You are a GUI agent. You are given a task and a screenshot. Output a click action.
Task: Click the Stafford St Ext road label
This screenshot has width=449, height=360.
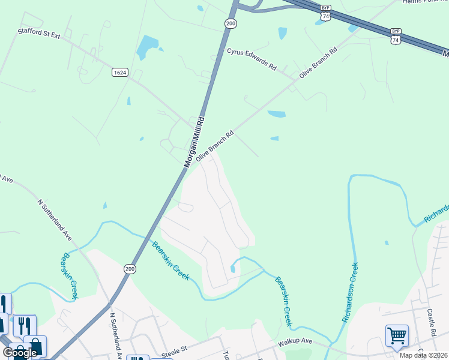(38, 35)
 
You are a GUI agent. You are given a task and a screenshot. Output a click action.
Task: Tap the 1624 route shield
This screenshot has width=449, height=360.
(119, 72)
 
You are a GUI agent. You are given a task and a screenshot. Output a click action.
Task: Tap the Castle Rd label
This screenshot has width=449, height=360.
(431, 322)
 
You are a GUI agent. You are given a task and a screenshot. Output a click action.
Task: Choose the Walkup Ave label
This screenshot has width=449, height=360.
(295, 342)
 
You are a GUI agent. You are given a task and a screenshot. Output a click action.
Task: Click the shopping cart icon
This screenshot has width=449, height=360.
(397, 336)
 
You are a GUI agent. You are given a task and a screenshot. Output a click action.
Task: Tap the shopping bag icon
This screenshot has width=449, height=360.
(35, 346)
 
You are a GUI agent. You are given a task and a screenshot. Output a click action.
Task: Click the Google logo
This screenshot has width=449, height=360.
(20, 353)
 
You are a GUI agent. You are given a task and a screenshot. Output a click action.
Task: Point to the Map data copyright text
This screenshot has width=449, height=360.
(424, 355)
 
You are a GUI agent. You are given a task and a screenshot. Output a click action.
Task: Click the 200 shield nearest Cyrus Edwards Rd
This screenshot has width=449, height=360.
(231, 23)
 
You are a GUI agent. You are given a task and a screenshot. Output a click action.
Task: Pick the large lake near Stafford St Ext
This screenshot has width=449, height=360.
(146, 47)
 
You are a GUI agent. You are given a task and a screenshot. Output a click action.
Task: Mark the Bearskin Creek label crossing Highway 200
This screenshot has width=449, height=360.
(171, 261)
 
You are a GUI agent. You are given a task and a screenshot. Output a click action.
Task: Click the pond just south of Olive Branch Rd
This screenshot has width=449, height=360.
(276, 113)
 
